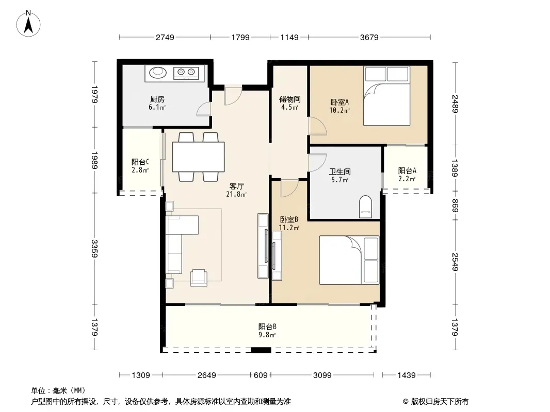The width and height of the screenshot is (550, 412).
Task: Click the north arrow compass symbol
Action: click(28, 24)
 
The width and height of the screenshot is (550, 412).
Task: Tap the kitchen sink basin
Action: click(158, 73)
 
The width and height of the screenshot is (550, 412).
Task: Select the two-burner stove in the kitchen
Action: click(186, 73)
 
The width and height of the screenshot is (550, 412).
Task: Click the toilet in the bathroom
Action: click(365, 207)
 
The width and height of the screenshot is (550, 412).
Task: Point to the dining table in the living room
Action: click(198, 157)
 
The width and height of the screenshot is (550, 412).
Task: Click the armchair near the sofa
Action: click(199, 278)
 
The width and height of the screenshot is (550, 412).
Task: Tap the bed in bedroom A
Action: click(386, 96)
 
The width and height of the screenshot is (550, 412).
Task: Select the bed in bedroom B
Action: click(349, 260)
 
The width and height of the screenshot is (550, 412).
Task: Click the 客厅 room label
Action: click(236, 186)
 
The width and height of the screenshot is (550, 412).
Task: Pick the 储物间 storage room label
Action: click(290, 99)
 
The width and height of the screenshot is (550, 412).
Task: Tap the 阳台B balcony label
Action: click(267, 327)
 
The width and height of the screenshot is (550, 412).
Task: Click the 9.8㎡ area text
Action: click(267, 335)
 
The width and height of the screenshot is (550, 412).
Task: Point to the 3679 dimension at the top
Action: click(369, 37)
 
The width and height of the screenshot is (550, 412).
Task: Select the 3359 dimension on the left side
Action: click(94, 248)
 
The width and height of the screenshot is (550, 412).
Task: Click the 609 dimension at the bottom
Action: click(261, 375)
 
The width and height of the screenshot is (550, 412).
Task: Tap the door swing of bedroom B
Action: click(290, 189)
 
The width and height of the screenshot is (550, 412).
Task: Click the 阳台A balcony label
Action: click(407, 170)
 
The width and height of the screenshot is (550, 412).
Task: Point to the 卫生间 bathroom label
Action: click(339, 171)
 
